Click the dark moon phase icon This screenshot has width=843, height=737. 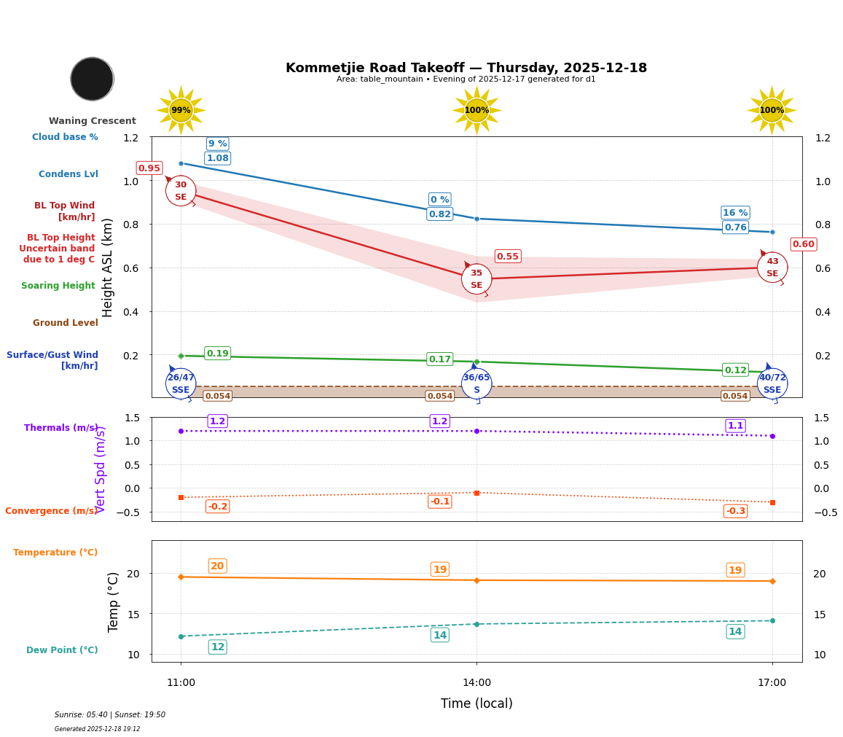92,79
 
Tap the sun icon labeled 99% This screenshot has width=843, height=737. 181,110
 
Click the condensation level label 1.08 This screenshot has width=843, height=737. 217,158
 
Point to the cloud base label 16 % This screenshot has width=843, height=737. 735,213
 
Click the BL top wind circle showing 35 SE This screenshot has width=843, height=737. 477,279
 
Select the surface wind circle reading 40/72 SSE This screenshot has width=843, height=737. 772,383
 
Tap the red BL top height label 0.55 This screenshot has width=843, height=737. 507,257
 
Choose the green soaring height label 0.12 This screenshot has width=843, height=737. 735,370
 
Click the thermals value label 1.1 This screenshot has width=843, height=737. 735,426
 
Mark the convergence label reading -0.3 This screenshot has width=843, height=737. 735,511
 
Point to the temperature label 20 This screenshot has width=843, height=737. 217,566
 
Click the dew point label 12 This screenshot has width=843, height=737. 217,647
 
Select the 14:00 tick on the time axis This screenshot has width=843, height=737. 477,683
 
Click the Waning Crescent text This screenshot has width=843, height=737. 93,121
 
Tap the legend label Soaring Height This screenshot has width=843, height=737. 58,286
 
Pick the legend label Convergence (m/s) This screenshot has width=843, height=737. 51,511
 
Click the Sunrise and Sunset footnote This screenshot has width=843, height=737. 110,715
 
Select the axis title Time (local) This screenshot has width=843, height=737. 477,703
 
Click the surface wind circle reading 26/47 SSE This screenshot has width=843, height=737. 181,383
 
